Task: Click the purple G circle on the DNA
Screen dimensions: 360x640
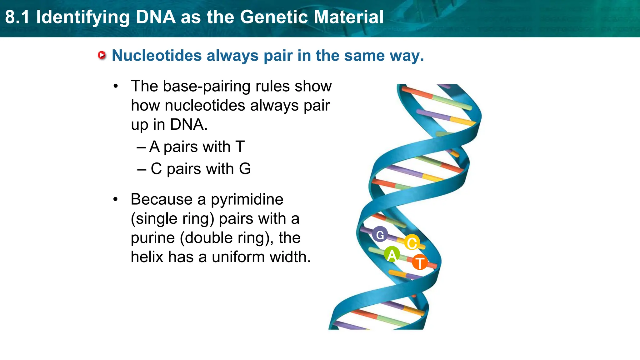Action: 380,234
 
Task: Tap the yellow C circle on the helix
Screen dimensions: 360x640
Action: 412,242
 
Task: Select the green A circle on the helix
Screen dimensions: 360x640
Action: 392,255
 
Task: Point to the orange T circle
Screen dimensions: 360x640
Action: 420,262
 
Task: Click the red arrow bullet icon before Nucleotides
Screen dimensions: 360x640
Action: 102,56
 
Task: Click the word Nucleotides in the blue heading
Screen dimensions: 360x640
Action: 157,56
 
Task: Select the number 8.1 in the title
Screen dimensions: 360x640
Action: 17,17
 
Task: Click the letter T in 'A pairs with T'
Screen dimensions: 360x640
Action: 240,147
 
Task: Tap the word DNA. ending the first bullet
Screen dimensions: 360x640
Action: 189,125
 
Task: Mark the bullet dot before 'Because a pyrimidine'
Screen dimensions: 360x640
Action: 116,199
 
